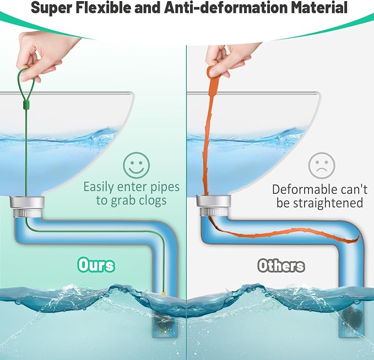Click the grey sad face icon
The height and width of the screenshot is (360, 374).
click(x=322, y=166)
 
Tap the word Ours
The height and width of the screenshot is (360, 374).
click(x=96, y=265)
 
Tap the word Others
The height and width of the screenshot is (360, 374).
click(x=281, y=265)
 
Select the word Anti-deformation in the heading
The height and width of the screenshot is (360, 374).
click(x=226, y=7)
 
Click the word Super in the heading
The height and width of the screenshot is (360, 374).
click(x=51, y=8)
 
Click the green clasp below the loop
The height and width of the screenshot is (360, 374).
click(x=26, y=105)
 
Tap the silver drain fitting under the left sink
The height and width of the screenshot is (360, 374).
click(x=27, y=206)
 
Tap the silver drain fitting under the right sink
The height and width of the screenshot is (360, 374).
click(x=214, y=206)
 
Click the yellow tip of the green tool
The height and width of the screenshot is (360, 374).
click(x=164, y=293)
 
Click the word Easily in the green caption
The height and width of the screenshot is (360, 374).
click(x=99, y=187)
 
